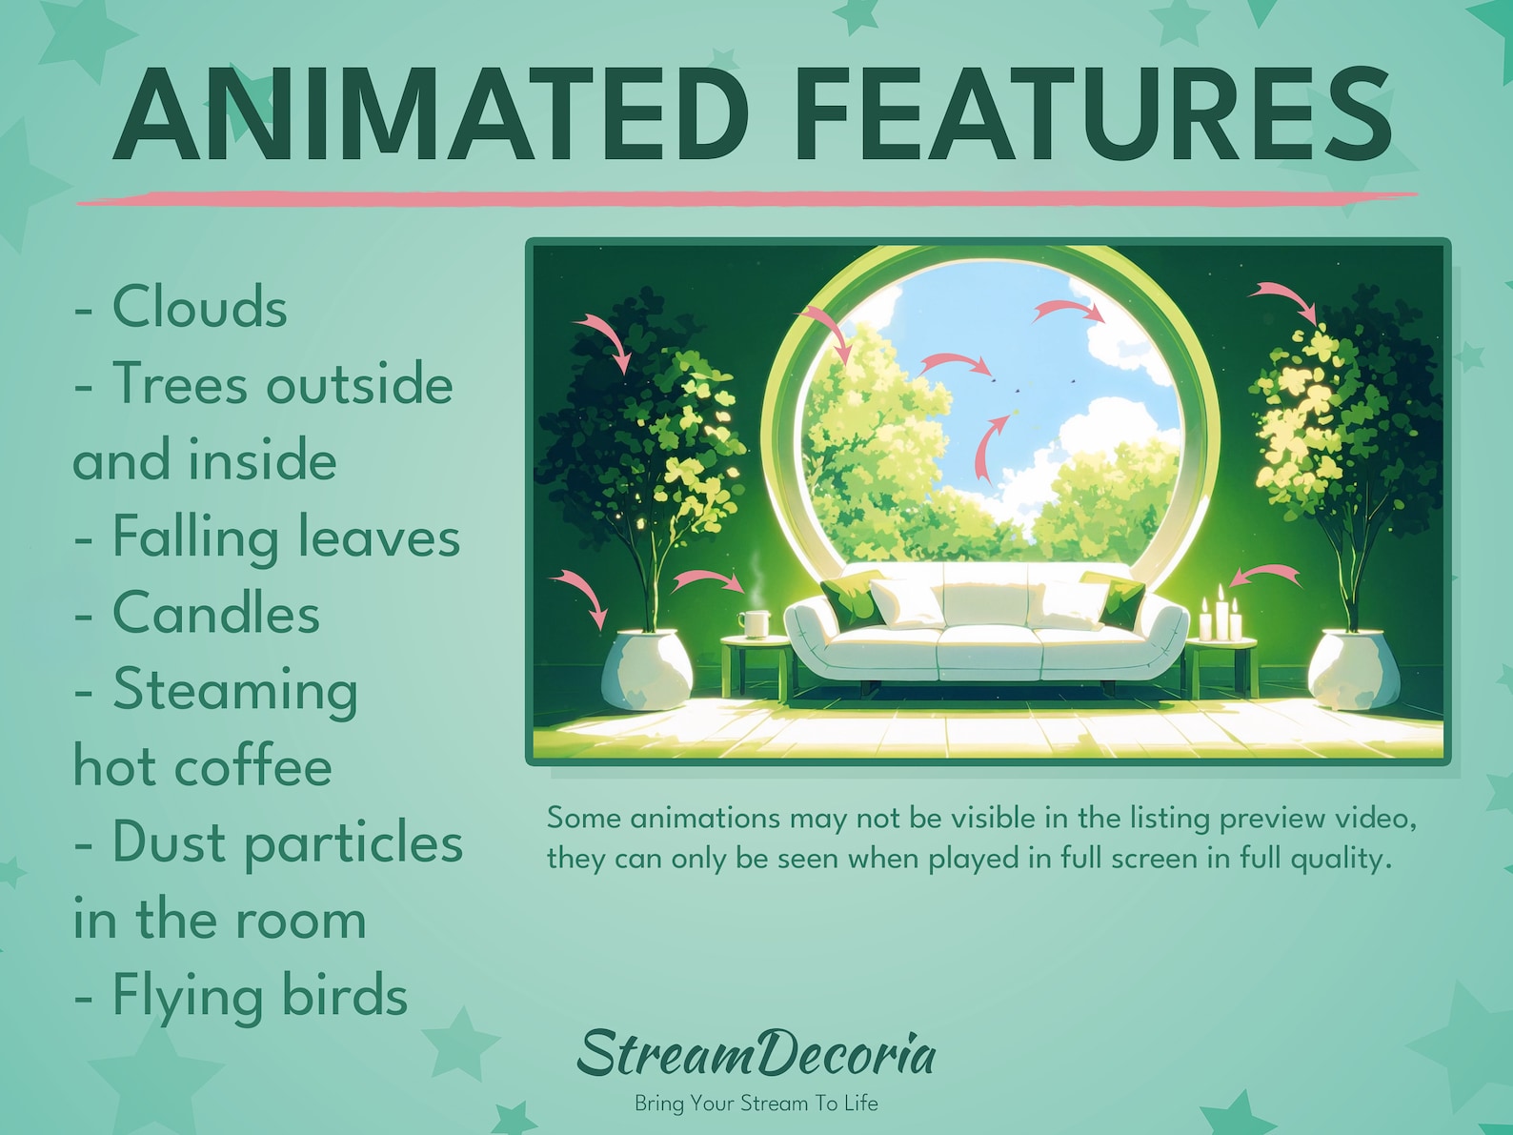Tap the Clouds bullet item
point(181,308)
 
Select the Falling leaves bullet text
point(268,537)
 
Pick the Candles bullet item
point(197,614)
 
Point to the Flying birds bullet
point(241,997)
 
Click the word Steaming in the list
point(235,691)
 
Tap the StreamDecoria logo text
point(756,1054)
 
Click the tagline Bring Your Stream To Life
point(756,1104)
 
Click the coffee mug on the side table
point(754,623)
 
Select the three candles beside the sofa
point(1220,616)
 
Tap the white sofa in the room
point(986,629)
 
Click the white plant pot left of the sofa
point(647,669)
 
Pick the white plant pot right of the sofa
point(1353,669)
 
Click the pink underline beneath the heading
point(746,198)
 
